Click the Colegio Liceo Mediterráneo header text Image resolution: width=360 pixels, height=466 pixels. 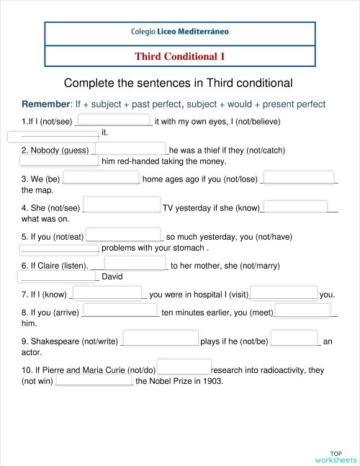tap(180, 32)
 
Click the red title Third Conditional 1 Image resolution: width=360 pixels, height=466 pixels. tap(180, 56)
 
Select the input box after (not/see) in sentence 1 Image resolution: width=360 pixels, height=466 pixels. tap(113, 120)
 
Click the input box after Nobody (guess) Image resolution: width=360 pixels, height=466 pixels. tap(130, 149)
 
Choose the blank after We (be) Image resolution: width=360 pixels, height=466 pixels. tap(102, 178)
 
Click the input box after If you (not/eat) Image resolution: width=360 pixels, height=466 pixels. tap(125, 235)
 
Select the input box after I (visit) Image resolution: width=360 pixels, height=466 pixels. tap(284, 292)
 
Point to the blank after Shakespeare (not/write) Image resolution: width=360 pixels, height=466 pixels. tap(161, 339)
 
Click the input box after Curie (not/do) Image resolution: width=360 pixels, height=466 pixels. tap(184, 367)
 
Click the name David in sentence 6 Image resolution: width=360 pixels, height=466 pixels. tap(112, 277)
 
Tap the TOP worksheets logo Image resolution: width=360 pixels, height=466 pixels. tap(336, 455)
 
